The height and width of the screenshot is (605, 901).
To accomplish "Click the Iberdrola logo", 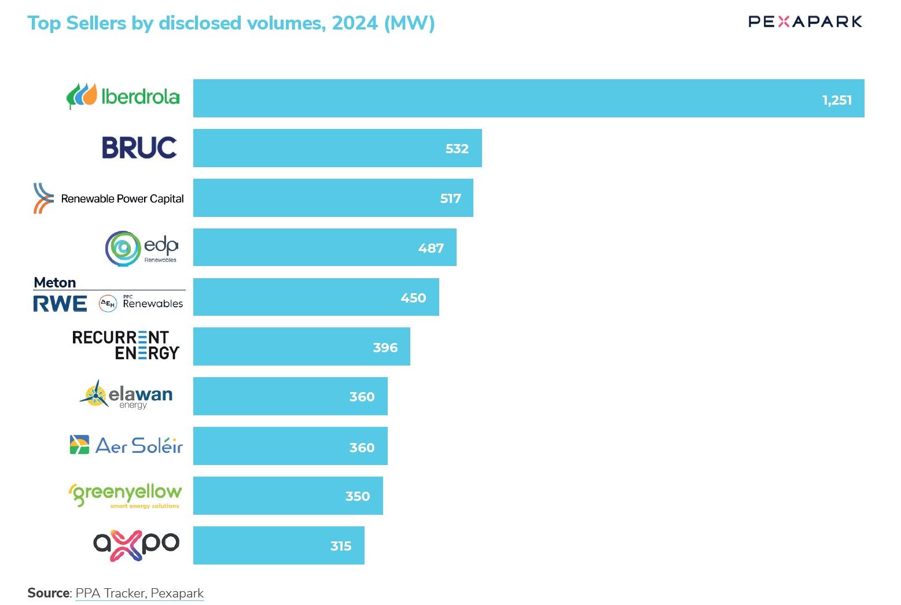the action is click(x=123, y=97).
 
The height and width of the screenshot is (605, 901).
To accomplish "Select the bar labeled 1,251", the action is click(x=528, y=98).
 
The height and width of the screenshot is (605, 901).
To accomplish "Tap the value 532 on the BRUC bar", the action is click(x=457, y=149).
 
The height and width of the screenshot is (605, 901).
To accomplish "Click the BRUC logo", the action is click(x=139, y=147).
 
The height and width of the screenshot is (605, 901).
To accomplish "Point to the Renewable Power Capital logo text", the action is click(x=122, y=198).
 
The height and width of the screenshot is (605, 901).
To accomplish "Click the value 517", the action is click(x=450, y=198).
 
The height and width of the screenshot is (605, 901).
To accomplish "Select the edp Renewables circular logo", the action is click(x=123, y=249).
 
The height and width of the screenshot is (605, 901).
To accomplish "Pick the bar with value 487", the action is click(x=325, y=247).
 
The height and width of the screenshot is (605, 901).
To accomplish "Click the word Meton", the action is click(x=55, y=283).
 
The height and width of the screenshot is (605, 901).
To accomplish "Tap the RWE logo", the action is click(x=60, y=304).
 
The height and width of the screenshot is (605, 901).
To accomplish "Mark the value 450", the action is click(x=413, y=298).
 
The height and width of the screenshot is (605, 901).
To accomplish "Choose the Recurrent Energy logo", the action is click(x=126, y=345).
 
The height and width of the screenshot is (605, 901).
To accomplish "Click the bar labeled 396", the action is click(x=301, y=346).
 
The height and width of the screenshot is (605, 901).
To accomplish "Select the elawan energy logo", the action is click(x=126, y=395).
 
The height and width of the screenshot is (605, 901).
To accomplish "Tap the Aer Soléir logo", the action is click(x=126, y=445).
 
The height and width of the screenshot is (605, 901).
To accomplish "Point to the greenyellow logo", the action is click(x=125, y=496).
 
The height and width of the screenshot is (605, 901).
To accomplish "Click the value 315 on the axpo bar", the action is click(x=341, y=546).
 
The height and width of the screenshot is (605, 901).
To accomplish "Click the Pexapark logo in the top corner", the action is click(x=805, y=21).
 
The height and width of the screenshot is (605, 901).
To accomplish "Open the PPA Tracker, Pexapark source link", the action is click(x=139, y=593).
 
